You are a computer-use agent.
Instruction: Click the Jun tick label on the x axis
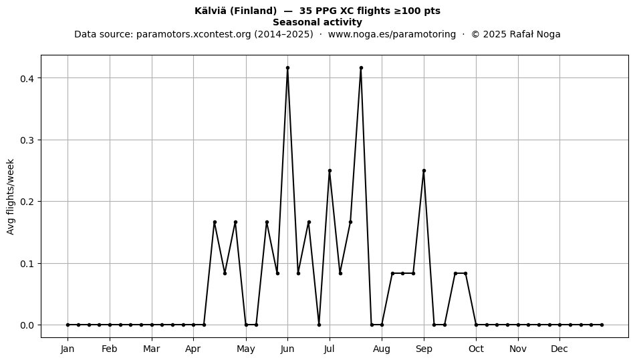pos(287,349)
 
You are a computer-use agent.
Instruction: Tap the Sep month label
pos(424,349)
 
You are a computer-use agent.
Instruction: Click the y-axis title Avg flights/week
pos(11,196)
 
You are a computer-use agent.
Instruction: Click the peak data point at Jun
pos(287,68)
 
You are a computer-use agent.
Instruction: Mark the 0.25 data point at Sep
pos(424,171)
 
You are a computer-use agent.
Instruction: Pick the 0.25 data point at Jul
pos(330,171)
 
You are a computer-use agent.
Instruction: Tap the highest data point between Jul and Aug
pos(361,68)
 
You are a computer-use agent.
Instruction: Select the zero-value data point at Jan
pos(68,325)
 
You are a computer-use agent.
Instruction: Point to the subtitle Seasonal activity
pos(317,22)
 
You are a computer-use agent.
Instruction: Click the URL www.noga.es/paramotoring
pos(392,34)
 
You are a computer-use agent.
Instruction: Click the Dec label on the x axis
pos(559,349)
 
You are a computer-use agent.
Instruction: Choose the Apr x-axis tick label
pos(193,349)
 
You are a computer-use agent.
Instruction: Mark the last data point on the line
pos(602,325)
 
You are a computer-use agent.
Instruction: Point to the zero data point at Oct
pos(476,325)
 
